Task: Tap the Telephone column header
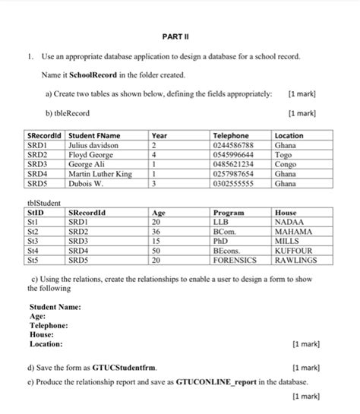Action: tap(231, 134)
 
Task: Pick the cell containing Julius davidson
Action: tap(93, 144)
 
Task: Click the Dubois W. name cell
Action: tap(86, 183)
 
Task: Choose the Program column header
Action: tap(229, 213)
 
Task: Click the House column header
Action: tap(287, 213)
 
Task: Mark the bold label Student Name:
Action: tap(55, 307)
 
